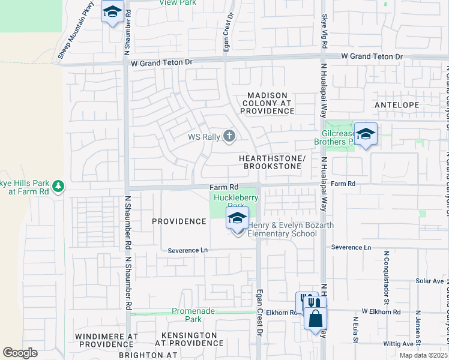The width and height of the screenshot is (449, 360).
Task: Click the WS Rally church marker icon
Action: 229,137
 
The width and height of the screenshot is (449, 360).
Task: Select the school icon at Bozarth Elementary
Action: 238,218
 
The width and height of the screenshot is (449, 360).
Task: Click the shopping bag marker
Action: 315,318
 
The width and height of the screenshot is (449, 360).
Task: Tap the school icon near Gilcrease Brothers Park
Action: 365,134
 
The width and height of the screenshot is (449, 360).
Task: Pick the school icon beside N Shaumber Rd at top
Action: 112,13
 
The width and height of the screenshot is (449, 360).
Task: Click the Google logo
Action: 20,353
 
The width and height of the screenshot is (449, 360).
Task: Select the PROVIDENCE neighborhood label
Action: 179,221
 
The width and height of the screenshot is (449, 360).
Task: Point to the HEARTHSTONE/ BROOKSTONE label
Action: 273,161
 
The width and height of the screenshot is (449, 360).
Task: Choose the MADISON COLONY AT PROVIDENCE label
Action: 267,103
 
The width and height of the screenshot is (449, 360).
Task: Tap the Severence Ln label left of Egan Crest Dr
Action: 187,250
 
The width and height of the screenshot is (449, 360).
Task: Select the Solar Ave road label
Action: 429,281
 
